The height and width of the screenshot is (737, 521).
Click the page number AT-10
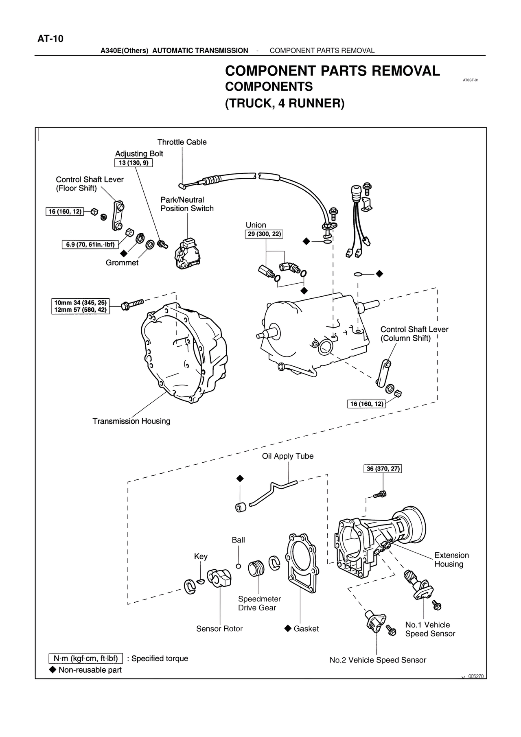pos(50,39)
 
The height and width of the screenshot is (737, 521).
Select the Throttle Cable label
pos(182,142)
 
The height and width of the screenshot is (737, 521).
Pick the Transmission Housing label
pos(131,421)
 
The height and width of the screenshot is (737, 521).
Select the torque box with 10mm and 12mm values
pos(81,306)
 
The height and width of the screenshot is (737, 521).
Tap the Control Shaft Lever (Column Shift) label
pos(414,334)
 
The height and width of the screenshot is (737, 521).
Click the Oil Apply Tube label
pos(288,456)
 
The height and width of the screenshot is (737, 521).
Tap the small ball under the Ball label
pos(239,566)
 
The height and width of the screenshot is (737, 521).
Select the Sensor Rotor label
pos(219,629)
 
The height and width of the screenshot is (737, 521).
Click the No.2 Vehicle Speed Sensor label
pos(377,660)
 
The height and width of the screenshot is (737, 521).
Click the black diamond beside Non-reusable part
pos(53,669)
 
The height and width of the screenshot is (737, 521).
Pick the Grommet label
pos(122,263)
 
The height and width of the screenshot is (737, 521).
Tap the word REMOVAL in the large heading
pos(403,71)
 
